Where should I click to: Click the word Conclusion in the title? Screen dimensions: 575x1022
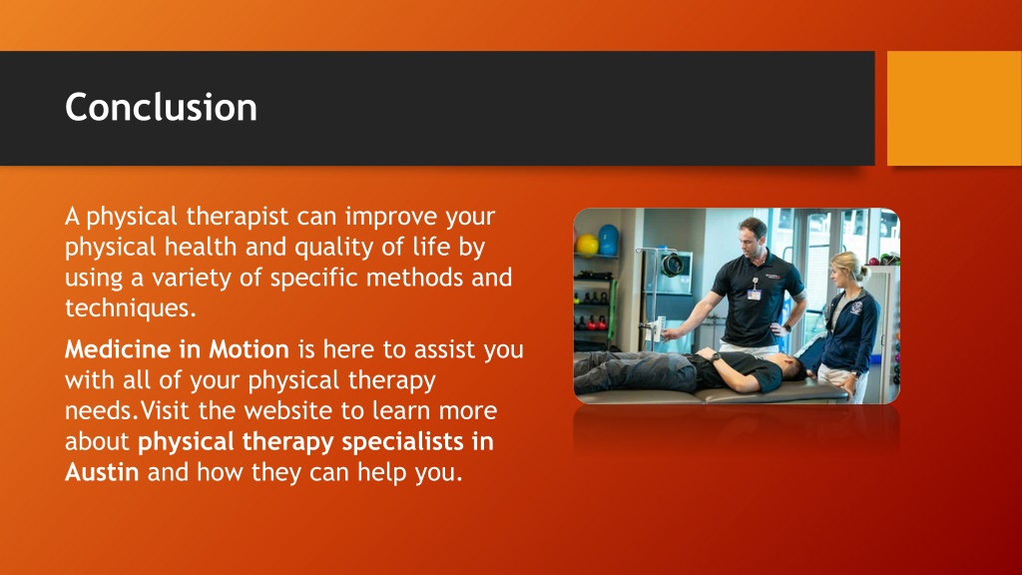coord(161,107)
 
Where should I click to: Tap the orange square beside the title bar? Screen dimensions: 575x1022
coord(954,108)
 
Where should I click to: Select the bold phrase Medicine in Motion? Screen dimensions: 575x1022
coord(177,350)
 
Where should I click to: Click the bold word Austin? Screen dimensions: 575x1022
coord(102,471)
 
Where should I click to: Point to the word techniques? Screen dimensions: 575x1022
coord(129,307)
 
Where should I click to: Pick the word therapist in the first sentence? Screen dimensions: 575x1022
coord(240,216)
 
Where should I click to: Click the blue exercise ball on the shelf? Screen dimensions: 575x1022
coord(608,240)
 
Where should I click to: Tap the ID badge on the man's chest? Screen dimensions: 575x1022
coord(754,293)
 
